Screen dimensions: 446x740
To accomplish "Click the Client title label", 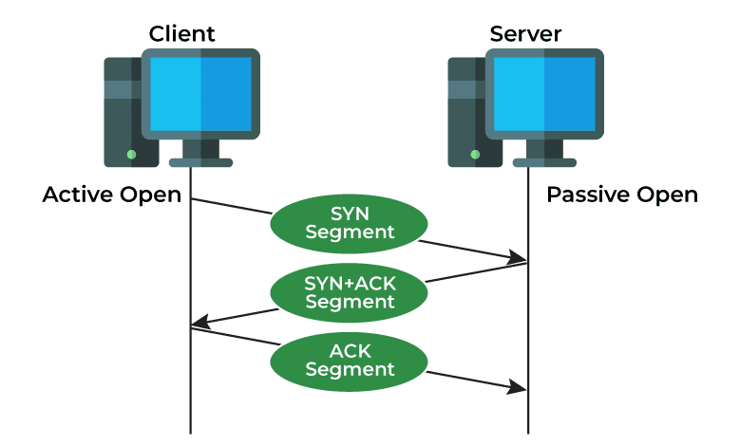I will (182, 34).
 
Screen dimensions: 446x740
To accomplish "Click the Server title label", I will (525, 34).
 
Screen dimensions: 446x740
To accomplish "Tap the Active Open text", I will (112, 195).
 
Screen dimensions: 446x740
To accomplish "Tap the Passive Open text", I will (621, 195).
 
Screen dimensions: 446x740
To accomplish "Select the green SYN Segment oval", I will (349, 222).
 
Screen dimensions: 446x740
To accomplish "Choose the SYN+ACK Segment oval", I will (349, 292).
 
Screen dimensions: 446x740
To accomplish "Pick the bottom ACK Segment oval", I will (349, 360).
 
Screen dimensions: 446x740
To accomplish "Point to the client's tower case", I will (121, 114).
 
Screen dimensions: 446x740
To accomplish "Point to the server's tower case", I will (465, 114).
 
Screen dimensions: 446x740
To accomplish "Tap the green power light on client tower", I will (131, 153).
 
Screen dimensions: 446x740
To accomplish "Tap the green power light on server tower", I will (475, 153).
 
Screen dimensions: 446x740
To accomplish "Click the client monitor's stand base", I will (200, 162).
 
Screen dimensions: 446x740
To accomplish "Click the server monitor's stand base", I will (544, 162).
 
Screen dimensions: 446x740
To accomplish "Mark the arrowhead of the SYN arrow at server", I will (519, 258).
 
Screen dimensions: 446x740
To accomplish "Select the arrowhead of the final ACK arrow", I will (519, 387).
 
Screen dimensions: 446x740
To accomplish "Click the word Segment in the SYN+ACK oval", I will (350, 303).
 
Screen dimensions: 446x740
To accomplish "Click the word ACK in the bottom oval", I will (349, 350).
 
